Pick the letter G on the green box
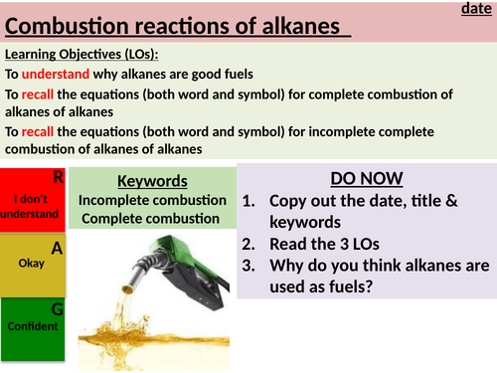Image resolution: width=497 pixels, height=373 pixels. point(58,309)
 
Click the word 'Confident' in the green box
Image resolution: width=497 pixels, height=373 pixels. point(31,325)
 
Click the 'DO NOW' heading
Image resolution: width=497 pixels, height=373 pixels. point(366,179)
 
